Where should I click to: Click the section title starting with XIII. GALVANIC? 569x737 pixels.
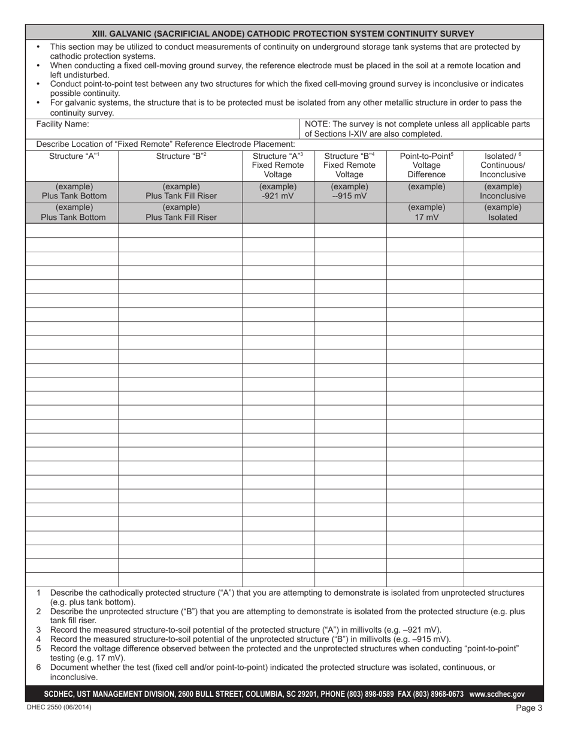coord(283,34)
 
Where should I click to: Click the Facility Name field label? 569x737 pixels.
coord(63,124)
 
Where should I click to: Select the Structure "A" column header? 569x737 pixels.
coord(72,157)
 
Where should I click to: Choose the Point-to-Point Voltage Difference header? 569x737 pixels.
coord(426,165)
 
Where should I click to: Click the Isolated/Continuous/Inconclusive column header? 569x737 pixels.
coord(503,165)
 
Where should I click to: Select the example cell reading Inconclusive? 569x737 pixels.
coord(503,195)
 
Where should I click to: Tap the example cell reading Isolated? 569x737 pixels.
coord(503,218)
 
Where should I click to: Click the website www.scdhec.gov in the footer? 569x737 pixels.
coord(497,694)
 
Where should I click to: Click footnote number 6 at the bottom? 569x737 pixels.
coord(38,667)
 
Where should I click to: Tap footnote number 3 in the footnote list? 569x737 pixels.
coord(38,630)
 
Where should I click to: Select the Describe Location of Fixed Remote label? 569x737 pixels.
coord(165,144)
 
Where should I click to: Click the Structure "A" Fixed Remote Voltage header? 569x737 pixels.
coord(277,165)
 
